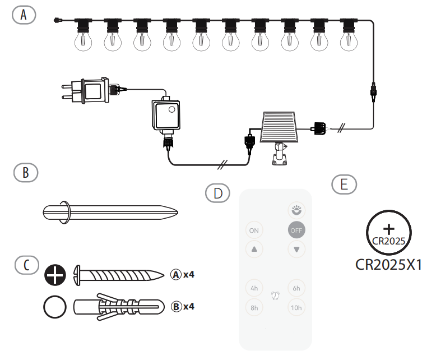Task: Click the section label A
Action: pyautogui.click(x=24, y=15)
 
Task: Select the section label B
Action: pyautogui.click(x=26, y=173)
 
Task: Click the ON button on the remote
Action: pyautogui.click(x=254, y=230)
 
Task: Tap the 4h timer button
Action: pyautogui.click(x=254, y=288)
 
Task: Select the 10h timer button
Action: pyautogui.click(x=296, y=307)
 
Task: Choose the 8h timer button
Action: pyautogui.click(x=254, y=307)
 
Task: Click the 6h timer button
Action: pyautogui.click(x=296, y=288)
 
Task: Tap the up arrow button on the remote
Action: pyautogui.click(x=254, y=249)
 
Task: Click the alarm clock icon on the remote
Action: pyautogui.click(x=275, y=295)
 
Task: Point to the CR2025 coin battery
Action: pyautogui.click(x=389, y=233)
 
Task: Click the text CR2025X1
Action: pyautogui.click(x=388, y=265)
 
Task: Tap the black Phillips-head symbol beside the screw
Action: pyautogui.click(x=55, y=274)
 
